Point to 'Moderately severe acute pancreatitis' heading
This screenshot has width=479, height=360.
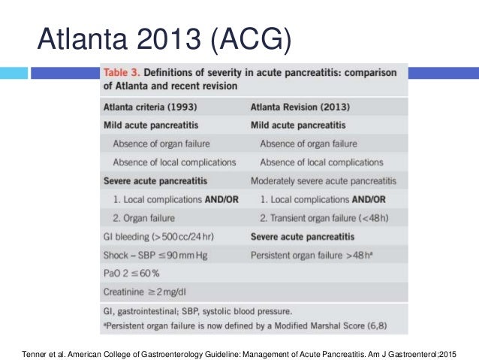324,181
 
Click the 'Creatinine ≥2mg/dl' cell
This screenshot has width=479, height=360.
148,292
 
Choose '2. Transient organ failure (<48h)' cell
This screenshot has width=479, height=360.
324,218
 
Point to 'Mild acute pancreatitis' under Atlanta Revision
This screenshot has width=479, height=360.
298,125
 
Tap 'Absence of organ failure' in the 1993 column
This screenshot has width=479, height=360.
161,144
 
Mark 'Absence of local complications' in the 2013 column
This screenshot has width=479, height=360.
321,162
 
